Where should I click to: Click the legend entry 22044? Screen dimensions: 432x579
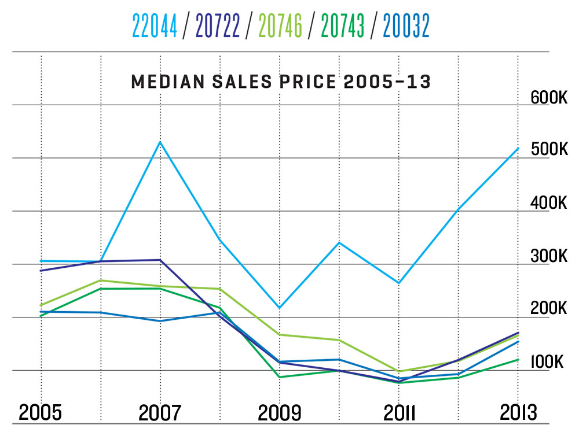155,25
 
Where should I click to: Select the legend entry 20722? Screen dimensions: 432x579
218,25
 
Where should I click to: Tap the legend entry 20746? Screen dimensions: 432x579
281,25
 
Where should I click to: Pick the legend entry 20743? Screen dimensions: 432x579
343,25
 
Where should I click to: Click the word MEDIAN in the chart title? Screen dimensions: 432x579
167,82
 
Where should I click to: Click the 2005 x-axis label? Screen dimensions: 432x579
41,413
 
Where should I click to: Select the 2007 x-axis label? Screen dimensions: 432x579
160,413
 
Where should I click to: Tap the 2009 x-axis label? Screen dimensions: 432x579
279,413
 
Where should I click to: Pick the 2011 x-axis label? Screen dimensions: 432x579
399,413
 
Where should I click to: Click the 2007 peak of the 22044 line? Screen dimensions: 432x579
160,142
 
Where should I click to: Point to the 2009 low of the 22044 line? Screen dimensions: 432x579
280,308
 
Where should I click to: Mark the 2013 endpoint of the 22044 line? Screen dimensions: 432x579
518,148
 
